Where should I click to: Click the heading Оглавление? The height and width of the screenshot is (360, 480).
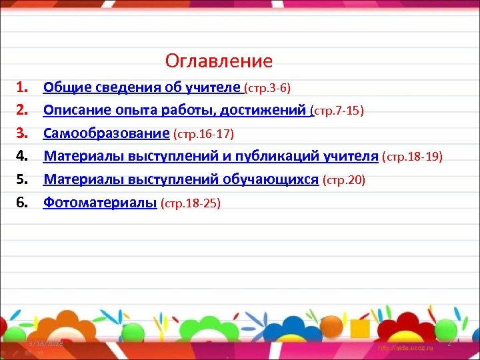point(219,61)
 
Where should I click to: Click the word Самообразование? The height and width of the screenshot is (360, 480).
point(106,133)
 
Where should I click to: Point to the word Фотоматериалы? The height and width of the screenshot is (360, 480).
point(100,203)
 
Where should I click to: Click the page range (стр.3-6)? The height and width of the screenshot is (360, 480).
point(267,87)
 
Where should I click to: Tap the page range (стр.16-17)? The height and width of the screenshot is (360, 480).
point(203,134)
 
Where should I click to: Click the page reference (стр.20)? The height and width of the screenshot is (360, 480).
point(343,180)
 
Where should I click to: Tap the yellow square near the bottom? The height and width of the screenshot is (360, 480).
point(359,328)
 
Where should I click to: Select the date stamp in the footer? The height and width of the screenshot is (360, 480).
point(45,343)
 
